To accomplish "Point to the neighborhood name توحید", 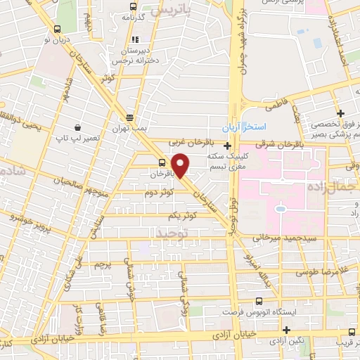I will click(173, 231).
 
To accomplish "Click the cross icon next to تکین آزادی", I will click(286, 329).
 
